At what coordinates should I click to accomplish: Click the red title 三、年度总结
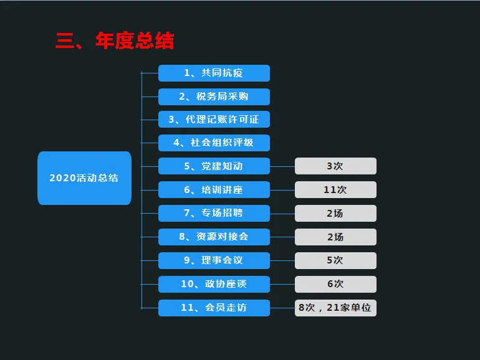point(115,41)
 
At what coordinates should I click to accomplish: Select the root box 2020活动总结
point(84,178)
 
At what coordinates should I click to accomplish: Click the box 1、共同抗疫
point(214,73)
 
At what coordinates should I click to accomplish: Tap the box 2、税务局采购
point(214,97)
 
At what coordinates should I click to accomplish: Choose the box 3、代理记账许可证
point(214,120)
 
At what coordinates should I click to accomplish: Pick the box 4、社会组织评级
point(214,143)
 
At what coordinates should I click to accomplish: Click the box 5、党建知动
point(214,166)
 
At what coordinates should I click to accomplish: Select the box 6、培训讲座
point(214,189)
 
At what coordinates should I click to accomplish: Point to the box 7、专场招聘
point(214,213)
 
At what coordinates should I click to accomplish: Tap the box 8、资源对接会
point(214,237)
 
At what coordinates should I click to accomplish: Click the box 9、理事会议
point(214,260)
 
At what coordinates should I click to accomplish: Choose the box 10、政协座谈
point(214,283)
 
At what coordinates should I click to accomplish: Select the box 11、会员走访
point(214,307)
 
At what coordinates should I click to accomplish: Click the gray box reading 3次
point(335,166)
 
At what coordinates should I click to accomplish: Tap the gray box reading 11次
point(335,189)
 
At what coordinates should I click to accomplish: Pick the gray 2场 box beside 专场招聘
point(335,213)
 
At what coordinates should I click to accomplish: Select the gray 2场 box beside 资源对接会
point(335,237)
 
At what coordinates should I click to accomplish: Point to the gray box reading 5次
point(335,260)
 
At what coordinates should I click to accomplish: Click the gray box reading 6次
point(335,283)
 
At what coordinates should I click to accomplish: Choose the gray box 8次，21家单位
point(335,307)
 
